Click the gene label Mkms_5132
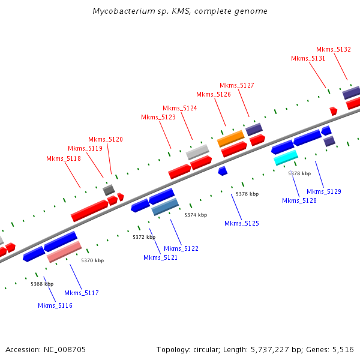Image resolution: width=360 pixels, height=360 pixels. pos(334,49)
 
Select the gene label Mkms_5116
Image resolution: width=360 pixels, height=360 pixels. pos(55,305)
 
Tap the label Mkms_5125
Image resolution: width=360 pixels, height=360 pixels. pos(242,223)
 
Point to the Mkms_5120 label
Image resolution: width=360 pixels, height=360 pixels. pos(106,139)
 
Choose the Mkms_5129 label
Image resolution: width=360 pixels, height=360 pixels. pos(324,191)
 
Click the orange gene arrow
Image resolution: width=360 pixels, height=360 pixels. pos(230,138)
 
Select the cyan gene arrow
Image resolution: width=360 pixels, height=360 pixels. pos(286,157)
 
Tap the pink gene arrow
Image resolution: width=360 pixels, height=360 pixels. pos(64,251)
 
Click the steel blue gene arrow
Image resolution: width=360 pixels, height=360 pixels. pos(165,207)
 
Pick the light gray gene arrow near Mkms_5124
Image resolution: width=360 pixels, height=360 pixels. pos(197,152)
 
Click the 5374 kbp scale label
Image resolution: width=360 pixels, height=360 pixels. pos(196,215)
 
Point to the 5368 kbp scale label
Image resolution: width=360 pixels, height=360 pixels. pos(42,284)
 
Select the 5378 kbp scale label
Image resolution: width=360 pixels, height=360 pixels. pos(299,173)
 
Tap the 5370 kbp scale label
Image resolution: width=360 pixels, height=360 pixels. pos(92,260)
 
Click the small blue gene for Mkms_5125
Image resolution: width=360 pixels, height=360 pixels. pos(222,171)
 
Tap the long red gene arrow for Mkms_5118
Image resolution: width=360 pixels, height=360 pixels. pos(89,210)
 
